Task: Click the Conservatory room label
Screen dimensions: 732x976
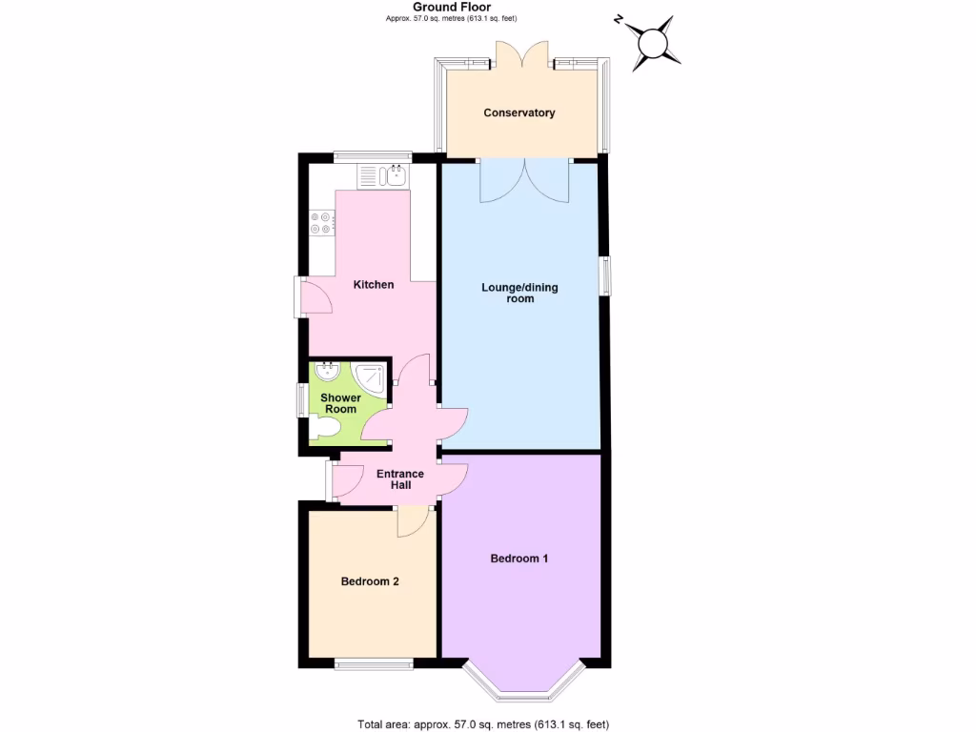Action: coord(519,112)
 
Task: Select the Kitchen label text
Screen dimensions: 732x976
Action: coord(374,284)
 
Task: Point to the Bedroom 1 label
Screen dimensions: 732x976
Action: coord(519,559)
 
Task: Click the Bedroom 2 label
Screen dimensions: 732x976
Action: coord(370,581)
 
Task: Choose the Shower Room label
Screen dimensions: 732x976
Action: coord(339,403)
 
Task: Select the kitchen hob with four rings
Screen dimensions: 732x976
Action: coord(322,223)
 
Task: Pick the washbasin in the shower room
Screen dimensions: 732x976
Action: coord(330,371)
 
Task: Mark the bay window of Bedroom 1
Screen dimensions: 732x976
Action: coord(522,679)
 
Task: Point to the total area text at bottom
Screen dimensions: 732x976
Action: coord(483,723)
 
